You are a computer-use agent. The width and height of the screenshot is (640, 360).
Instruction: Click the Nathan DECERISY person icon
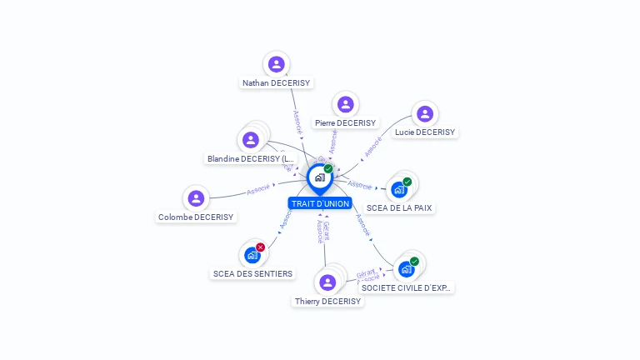[276, 64]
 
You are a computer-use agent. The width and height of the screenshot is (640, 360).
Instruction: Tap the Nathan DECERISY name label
[276, 83]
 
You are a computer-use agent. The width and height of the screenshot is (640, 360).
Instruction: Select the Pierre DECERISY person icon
[345, 104]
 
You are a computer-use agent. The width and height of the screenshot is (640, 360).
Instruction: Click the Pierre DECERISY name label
[345, 122]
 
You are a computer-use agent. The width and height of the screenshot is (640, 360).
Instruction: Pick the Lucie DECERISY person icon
[425, 113]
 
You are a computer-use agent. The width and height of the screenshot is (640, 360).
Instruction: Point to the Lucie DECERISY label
[425, 132]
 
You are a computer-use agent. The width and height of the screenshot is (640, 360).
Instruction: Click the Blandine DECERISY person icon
[250, 140]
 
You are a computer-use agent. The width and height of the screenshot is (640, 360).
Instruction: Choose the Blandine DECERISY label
[251, 158]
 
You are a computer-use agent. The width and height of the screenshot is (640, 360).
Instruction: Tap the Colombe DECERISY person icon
[196, 198]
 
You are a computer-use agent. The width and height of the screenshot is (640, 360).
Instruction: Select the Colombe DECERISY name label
[196, 217]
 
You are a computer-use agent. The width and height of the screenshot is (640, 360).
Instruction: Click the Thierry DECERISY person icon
[327, 282]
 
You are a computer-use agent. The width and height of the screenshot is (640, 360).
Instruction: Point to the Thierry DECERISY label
[327, 302]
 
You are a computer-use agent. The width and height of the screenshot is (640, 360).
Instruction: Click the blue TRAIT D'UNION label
[320, 203]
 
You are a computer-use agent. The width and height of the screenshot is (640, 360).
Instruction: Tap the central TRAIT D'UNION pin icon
[319, 177]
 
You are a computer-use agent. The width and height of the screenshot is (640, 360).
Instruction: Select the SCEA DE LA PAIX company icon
[399, 190]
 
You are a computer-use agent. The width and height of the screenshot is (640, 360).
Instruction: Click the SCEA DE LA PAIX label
[400, 208]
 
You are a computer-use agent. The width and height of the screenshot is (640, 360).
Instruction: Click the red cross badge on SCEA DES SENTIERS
[261, 247]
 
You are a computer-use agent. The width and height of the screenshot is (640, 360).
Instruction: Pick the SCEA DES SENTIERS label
[252, 273]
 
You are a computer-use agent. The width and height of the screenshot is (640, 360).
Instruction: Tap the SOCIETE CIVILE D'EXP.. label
[407, 287]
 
